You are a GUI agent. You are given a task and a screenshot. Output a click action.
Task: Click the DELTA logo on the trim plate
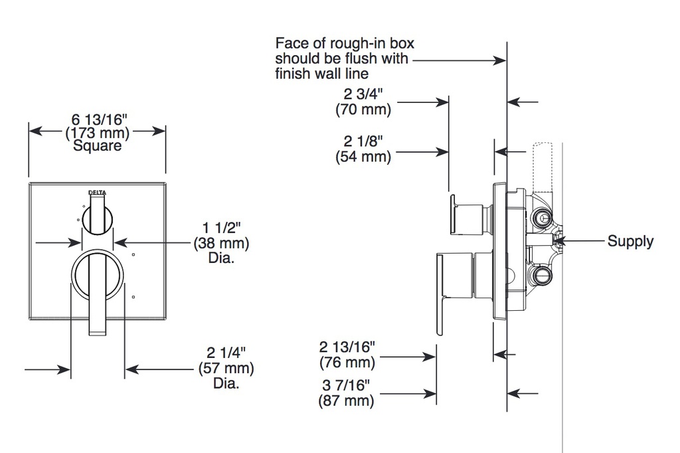point(97,192)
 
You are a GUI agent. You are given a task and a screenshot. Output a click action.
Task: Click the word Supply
point(630,241)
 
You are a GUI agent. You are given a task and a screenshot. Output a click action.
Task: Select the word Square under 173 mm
point(97,145)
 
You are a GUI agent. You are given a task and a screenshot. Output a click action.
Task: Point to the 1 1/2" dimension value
point(221,227)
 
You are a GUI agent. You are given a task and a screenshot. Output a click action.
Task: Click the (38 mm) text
point(221,242)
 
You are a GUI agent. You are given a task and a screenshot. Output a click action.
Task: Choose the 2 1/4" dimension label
point(226,352)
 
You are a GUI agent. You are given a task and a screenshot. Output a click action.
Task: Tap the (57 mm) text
point(226,368)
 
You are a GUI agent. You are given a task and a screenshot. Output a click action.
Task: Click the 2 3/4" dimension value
point(363,94)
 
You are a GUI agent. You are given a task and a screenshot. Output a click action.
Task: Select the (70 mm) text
point(363,109)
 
